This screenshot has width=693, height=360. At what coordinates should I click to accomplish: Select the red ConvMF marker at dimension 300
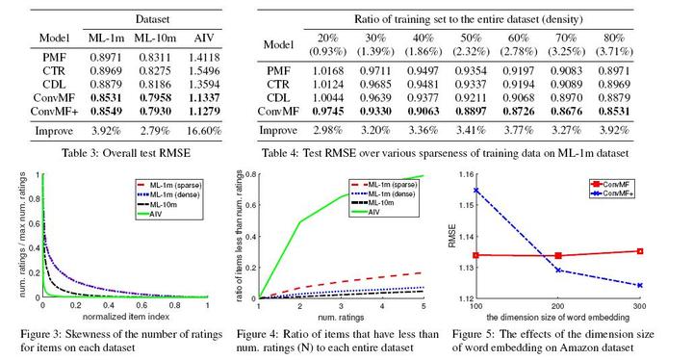(640, 251)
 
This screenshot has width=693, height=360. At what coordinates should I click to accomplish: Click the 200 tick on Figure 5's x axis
(558, 307)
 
